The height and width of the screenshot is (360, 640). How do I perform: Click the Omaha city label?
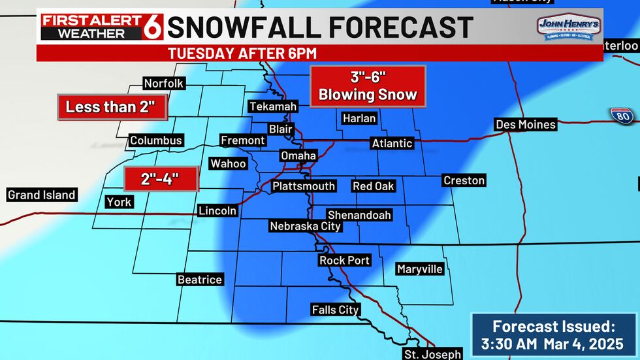pos(298,155)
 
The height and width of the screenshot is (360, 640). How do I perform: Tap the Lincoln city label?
pos(217,210)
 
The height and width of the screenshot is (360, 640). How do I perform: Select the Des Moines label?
pos(526,124)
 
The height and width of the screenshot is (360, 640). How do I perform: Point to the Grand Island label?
pos(41,195)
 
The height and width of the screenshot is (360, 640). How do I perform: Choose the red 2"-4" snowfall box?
pos(161,178)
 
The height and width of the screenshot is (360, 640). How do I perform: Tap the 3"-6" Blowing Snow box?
pos(368,86)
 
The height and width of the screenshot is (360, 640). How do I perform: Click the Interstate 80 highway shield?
pos(622,115)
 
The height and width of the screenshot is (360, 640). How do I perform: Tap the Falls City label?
pos(335,310)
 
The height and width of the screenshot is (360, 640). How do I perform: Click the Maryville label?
pos(420,269)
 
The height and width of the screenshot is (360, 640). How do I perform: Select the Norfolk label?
pos(165,83)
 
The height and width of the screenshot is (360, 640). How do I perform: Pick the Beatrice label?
pos(200,280)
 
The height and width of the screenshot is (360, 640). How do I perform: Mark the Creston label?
pos(464,180)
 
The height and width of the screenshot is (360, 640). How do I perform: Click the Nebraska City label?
pos(306,226)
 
